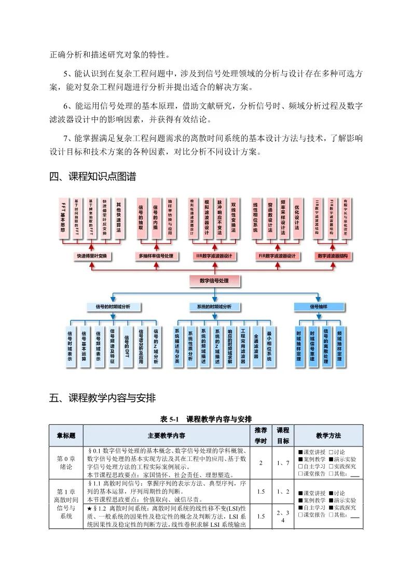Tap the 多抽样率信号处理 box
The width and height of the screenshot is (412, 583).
[155, 256]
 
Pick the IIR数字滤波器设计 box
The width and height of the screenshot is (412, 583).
[214, 256]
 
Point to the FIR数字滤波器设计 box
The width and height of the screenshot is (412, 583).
[277, 256]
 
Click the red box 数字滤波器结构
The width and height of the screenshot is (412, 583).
[333, 256]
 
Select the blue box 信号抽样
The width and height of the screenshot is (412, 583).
[319, 307]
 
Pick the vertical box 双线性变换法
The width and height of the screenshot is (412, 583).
[234, 219]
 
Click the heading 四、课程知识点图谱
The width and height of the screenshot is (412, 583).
[92, 177]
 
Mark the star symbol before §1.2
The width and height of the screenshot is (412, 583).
[90, 508]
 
